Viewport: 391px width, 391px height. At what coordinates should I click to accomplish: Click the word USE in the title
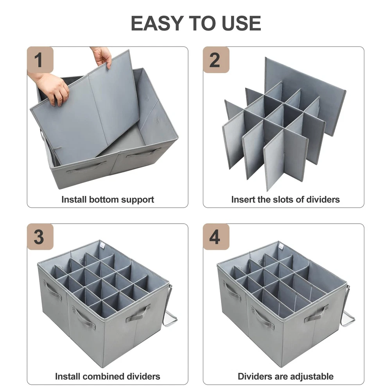pyautogui.click(x=241, y=23)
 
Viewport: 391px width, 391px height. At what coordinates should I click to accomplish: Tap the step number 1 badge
pyautogui.click(x=40, y=60)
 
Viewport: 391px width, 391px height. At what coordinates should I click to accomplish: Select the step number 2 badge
pyautogui.click(x=216, y=60)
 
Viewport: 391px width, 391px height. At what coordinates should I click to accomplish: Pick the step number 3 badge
pyautogui.click(x=40, y=237)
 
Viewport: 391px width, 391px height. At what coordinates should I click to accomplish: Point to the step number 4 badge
pyautogui.click(x=216, y=237)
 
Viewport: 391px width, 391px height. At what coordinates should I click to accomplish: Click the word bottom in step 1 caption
pyautogui.click(x=104, y=199)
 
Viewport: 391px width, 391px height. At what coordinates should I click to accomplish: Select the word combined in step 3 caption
pyautogui.click(x=104, y=376)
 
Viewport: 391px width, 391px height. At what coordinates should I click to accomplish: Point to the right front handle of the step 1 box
pyautogui.click(x=143, y=153)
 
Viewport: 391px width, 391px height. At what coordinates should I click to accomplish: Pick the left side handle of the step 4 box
pyautogui.click(x=231, y=291)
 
